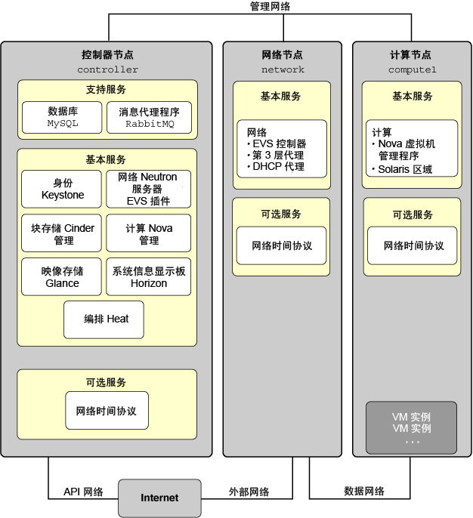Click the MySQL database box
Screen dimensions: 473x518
pyautogui.click(x=62, y=117)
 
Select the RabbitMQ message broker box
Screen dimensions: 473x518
pyautogui.click(x=149, y=117)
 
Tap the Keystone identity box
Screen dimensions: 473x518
pyautogui.click(x=61, y=189)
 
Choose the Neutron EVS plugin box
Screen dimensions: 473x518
pyautogui.click(x=148, y=189)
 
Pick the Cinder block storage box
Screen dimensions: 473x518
pyautogui.click(x=61, y=233)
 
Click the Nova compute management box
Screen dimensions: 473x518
pyautogui.click(x=148, y=233)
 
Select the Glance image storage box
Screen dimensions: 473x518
pyautogui.click(x=61, y=277)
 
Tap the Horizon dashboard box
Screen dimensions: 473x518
pyautogui.click(x=148, y=277)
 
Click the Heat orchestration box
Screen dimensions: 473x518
pyautogui.click(x=104, y=319)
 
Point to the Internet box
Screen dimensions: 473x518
pyautogui.click(x=159, y=498)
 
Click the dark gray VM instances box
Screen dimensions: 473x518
pyautogui.click(x=411, y=428)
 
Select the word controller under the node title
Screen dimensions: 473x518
pyautogui.click(x=108, y=69)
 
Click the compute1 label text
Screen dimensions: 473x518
pyautogui.click(x=413, y=69)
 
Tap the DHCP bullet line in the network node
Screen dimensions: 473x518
pyautogui.click(x=276, y=166)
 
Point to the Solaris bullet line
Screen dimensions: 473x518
pyautogui.click(x=402, y=169)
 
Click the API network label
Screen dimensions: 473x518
pyautogui.click(x=83, y=492)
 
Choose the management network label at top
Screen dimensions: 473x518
pyautogui.click(x=270, y=6)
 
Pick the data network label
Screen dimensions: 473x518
pyautogui.click(x=364, y=491)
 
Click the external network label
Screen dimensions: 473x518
pyautogui.click(x=249, y=492)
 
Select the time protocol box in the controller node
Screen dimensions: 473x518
pyautogui.click(x=107, y=410)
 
